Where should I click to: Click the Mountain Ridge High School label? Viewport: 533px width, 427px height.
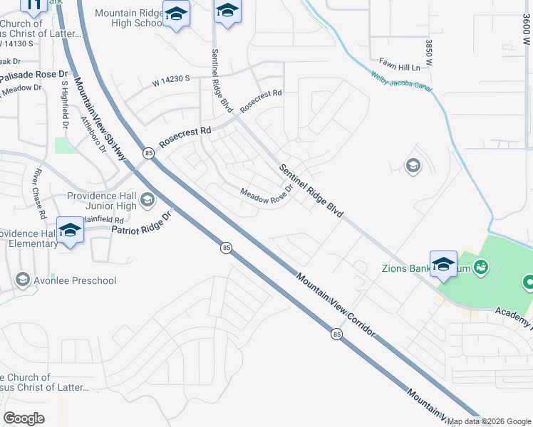129,18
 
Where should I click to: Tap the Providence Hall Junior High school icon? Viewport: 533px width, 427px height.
148,200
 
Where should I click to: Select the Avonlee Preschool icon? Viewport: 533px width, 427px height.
24,280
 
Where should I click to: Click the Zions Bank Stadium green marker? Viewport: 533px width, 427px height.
482,267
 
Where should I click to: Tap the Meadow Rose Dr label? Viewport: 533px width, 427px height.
266,194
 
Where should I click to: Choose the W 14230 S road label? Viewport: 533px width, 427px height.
170,82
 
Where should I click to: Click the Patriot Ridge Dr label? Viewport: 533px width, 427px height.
143,223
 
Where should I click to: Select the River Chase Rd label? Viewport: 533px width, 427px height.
38,193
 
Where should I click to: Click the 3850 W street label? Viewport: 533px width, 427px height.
429,54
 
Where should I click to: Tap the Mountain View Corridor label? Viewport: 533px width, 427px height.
335,306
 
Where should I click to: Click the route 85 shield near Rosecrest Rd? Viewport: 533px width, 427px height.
148,153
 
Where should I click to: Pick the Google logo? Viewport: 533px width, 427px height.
24,418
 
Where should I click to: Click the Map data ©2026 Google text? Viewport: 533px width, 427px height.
490,421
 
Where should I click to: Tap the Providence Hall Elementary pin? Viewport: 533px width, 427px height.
70,231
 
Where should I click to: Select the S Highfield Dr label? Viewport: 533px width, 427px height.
64,104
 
